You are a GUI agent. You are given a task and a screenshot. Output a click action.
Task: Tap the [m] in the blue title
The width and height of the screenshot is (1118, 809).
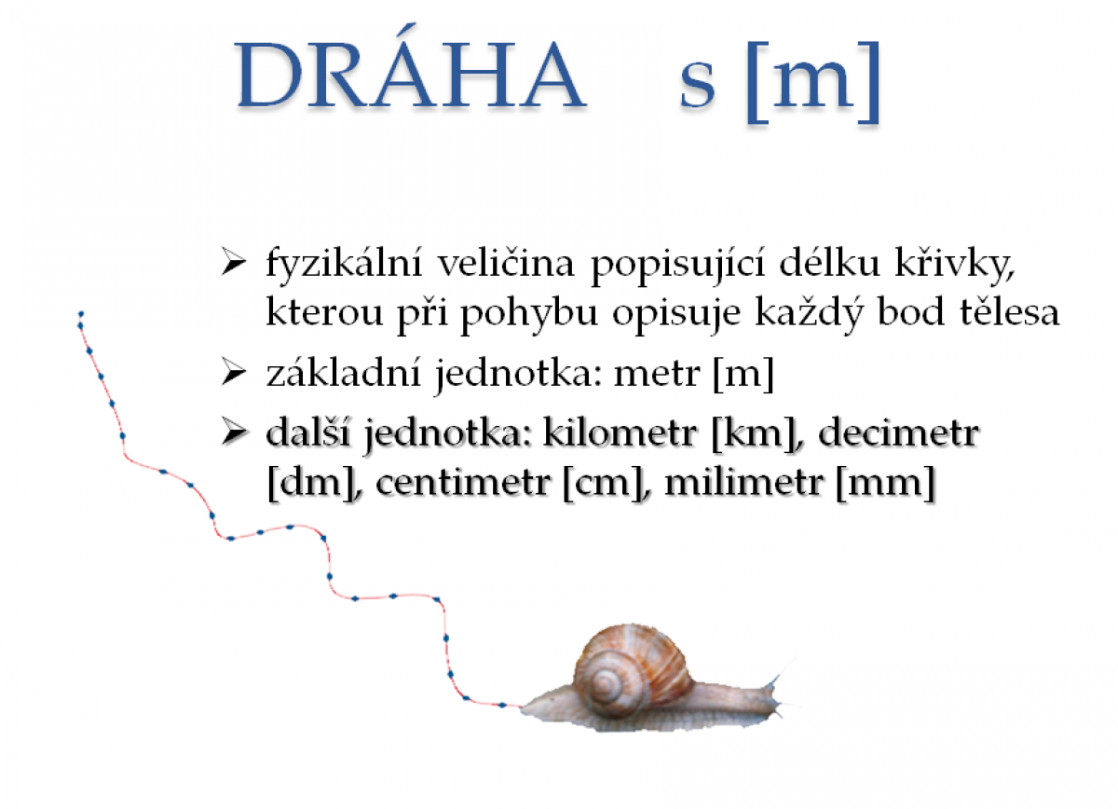click(x=812, y=81)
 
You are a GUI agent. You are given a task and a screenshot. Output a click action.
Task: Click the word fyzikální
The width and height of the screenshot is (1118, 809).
click(x=344, y=263)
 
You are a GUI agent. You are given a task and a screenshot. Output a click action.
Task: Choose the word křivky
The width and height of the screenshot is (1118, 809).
click(x=954, y=263)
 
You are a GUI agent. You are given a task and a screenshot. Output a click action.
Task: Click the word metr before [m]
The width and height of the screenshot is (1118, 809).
click(x=656, y=375)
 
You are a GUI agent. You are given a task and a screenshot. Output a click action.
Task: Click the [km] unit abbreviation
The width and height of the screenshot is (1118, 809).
click(x=754, y=433)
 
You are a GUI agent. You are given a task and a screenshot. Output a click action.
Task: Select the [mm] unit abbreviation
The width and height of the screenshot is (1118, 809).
click(x=884, y=483)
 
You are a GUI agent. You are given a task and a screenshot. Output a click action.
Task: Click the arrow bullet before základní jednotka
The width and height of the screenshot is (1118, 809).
click(x=234, y=373)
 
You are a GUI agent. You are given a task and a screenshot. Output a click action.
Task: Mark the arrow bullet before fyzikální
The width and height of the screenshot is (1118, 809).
click(x=234, y=262)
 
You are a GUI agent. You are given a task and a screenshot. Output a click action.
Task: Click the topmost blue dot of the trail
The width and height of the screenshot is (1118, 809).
click(x=81, y=314)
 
